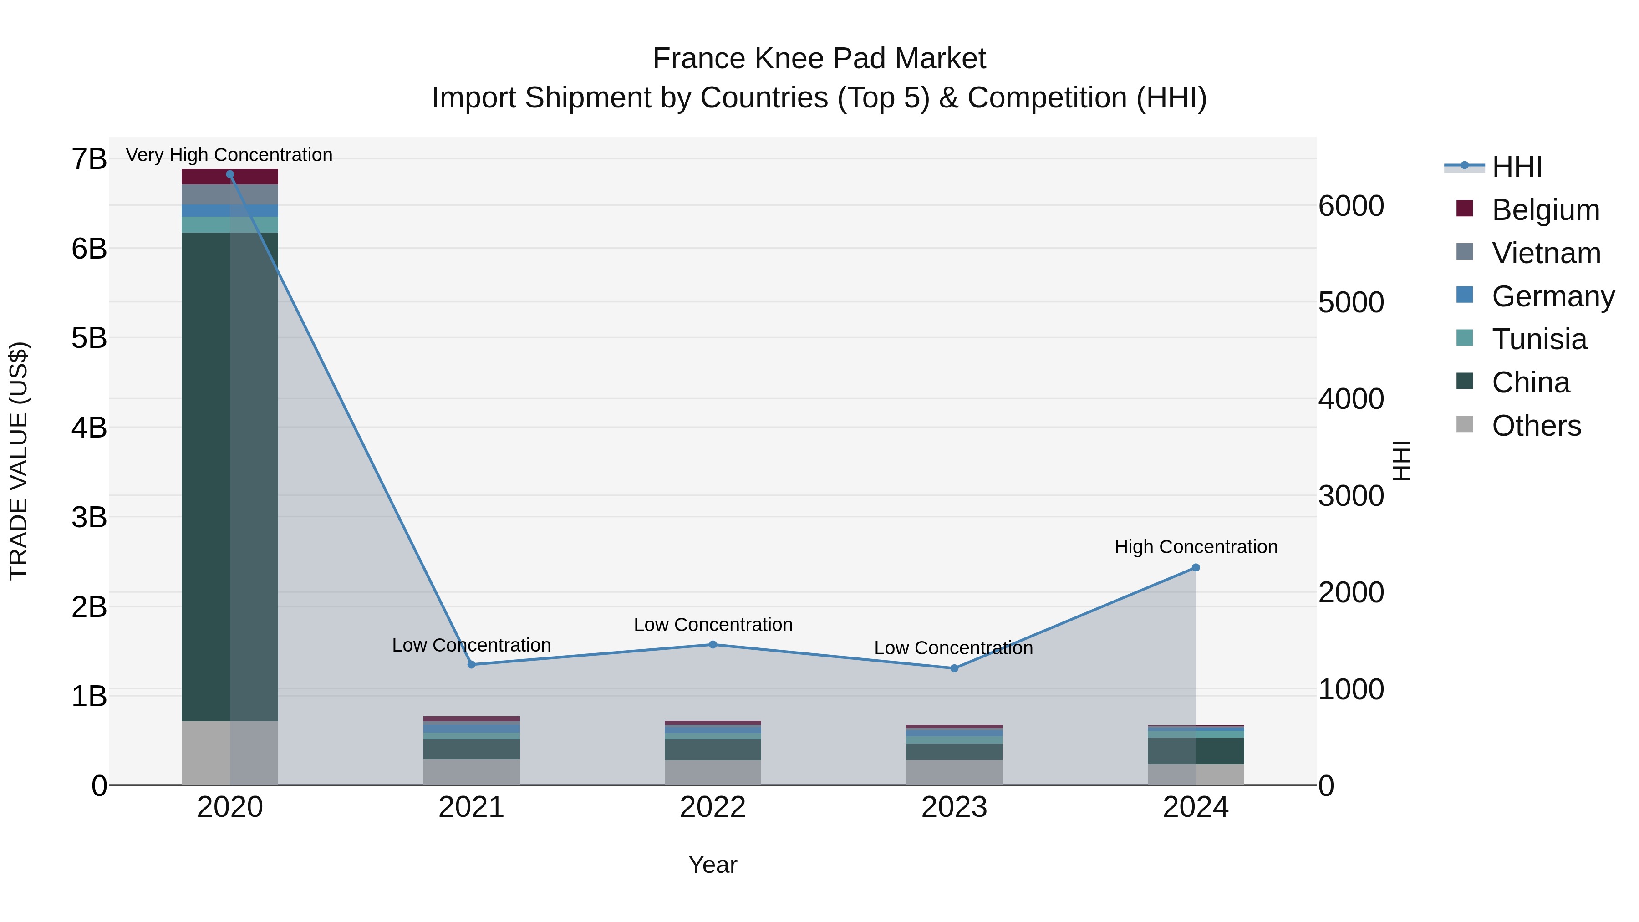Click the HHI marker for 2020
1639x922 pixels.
[x=230, y=174]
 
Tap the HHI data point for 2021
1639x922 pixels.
[x=472, y=664]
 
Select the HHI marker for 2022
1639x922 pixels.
[x=713, y=645]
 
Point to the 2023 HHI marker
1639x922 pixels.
[x=954, y=668]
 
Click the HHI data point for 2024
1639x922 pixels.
[x=1196, y=568]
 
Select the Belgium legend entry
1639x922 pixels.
[x=1545, y=210]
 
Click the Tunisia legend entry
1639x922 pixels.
[x=1538, y=339]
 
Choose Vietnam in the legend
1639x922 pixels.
[x=1546, y=253]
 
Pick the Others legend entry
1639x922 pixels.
[x=1536, y=426]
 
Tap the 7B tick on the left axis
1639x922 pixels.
[x=89, y=159]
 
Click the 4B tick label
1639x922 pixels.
[x=89, y=428]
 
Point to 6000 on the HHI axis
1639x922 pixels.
[x=1351, y=206]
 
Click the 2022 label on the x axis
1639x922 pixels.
[x=713, y=807]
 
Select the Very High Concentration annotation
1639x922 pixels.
[x=229, y=155]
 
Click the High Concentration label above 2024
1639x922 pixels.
[x=1196, y=546]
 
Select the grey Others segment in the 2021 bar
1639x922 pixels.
[x=472, y=772]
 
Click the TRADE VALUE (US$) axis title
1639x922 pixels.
[x=19, y=461]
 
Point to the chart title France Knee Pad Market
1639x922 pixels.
[x=819, y=59]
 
